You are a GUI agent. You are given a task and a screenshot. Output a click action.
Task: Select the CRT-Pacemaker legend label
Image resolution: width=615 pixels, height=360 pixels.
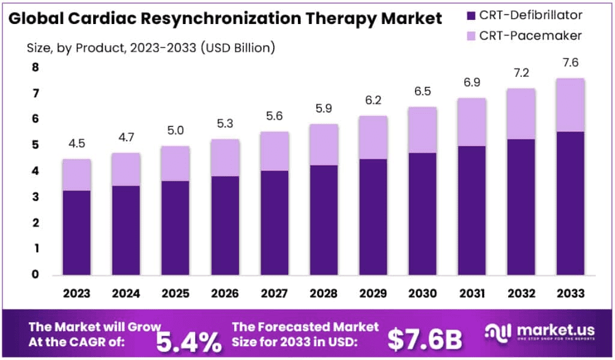(x=530, y=36)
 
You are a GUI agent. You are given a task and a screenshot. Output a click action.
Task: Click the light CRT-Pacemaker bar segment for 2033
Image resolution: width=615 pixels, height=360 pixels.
(x=570, y=105)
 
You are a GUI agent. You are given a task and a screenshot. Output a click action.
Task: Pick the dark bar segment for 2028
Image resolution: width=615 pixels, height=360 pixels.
(x=324, y=220)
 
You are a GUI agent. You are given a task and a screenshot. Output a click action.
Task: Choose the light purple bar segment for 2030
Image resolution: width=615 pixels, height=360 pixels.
(x=422, y=130)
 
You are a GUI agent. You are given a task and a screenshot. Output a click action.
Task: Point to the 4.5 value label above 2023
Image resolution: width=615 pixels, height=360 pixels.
(x=77, y=144)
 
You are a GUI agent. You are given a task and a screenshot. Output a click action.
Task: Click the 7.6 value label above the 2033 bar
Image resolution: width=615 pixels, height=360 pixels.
(x=570, y=63)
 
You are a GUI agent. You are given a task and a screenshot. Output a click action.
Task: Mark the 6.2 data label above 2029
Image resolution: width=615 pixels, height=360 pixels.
(x=373, y=100)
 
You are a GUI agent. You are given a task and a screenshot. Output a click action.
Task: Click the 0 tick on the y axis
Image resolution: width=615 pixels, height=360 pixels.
(x=35, y=275)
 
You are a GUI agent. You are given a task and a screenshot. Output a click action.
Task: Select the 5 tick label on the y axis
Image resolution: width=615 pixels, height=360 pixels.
(x=35, y=145)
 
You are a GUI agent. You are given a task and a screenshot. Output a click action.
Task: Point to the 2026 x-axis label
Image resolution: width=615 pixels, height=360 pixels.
(x=225, y=294)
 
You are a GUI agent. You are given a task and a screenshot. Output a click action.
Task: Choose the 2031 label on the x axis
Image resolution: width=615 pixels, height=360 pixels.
(x=471, y=294)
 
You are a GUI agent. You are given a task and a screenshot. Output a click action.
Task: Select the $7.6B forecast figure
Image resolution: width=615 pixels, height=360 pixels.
(x=425, y=340)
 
